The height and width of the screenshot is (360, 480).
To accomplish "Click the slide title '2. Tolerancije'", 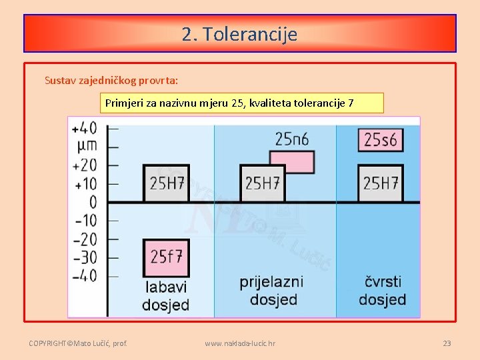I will [239, 34].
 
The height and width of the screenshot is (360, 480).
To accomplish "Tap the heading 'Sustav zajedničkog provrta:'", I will [111, 80].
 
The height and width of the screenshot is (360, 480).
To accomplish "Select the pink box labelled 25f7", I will [166, 256].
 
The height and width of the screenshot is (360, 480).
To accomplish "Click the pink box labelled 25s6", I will [380, 139].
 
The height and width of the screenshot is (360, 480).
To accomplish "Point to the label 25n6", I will [291, 139].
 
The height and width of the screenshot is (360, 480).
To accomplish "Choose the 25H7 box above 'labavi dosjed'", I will [166, 183].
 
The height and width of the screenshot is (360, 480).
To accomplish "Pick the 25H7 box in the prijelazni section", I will [262, 183].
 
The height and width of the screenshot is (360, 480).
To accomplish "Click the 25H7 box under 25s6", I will [380, 183].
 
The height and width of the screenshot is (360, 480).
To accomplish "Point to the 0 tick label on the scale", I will [93, 201].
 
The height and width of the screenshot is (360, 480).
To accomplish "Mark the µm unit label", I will [87, 145].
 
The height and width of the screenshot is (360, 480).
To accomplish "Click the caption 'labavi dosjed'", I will [165, 296].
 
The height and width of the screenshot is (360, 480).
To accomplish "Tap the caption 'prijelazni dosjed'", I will [271, 290].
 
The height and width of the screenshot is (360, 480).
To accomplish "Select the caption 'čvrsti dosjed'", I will [382, 290].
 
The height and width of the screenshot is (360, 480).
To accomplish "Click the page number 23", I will [447, 343].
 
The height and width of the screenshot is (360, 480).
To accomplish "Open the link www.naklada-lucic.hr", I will [240, 343].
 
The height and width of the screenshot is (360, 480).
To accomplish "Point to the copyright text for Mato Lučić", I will [78, 343].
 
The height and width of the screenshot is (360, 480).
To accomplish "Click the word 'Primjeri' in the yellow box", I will [123, 103].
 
